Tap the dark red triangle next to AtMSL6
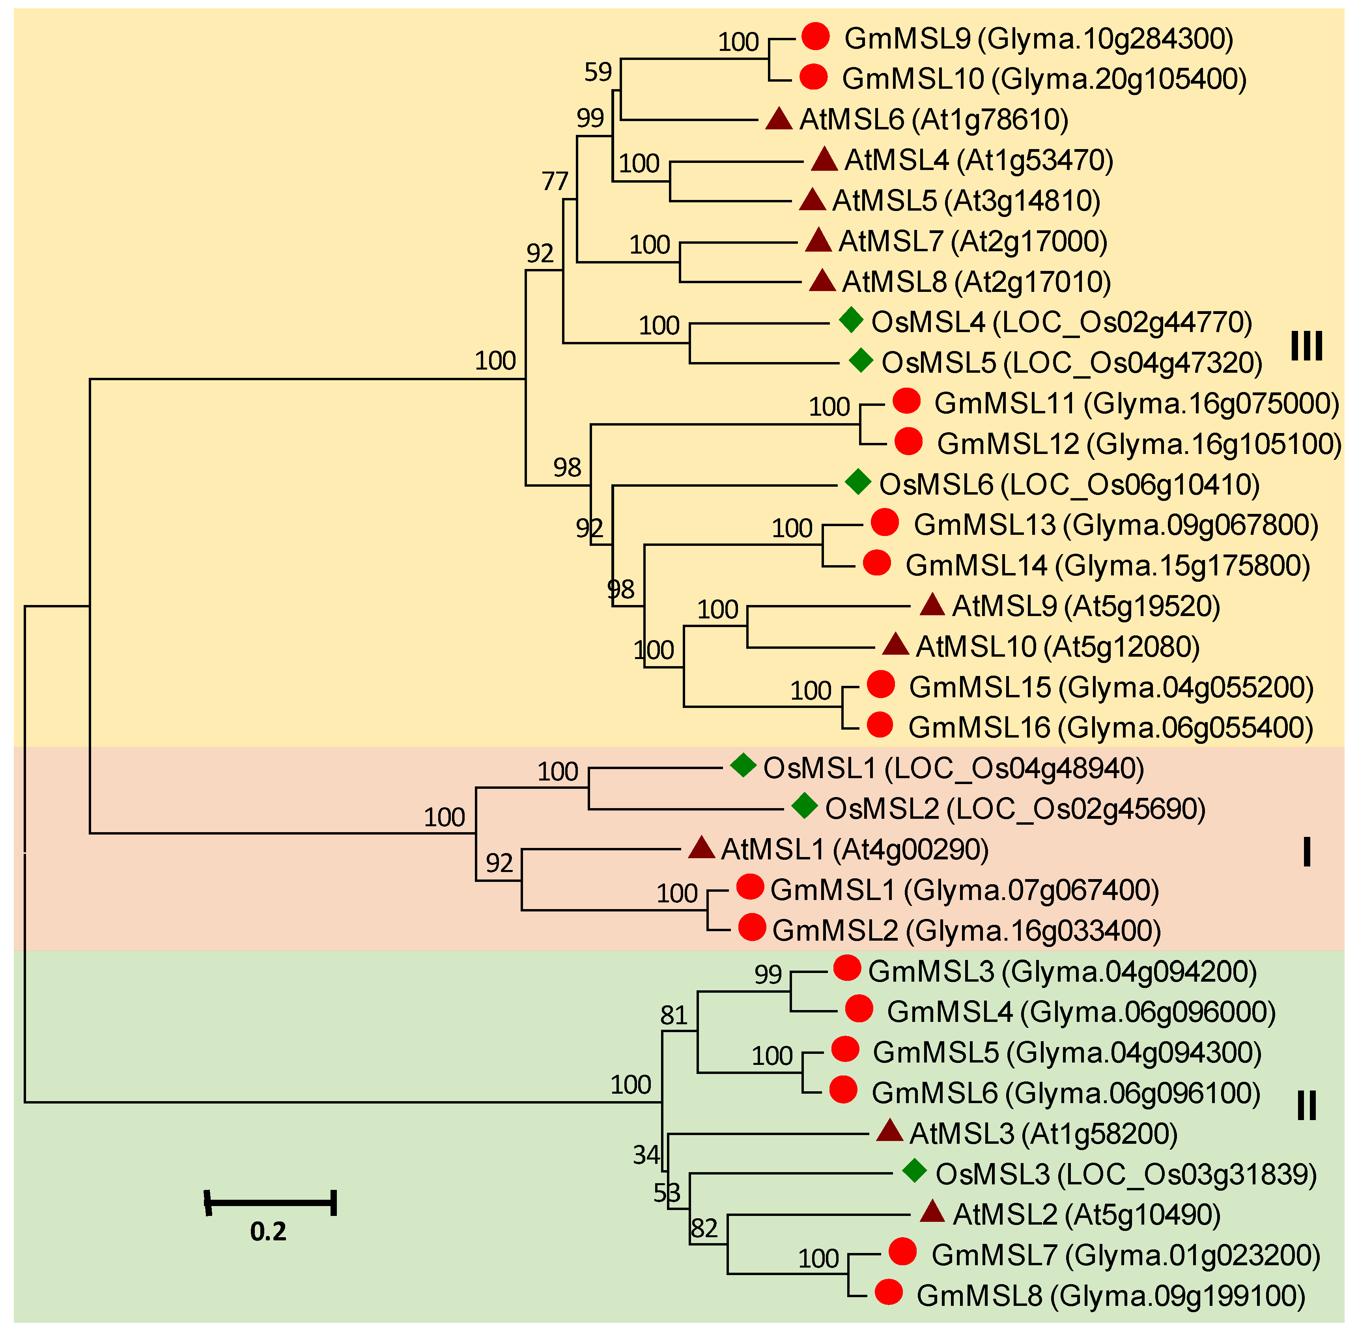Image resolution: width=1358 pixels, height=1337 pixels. click(x=779, y=119)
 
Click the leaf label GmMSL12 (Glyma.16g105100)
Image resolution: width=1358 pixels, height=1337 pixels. click(x=1139, y=444)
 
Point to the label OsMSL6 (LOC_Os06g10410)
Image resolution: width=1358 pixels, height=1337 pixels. click(x=1069, y=485)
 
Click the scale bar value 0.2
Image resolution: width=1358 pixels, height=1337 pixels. click(x=268, y=1231)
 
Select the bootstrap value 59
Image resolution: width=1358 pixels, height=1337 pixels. click(x=598, y=72)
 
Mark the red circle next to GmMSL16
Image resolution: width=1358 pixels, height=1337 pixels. click(x=880, y=725)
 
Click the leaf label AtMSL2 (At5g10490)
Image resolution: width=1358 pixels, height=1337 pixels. click(x=1086, y=1214)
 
